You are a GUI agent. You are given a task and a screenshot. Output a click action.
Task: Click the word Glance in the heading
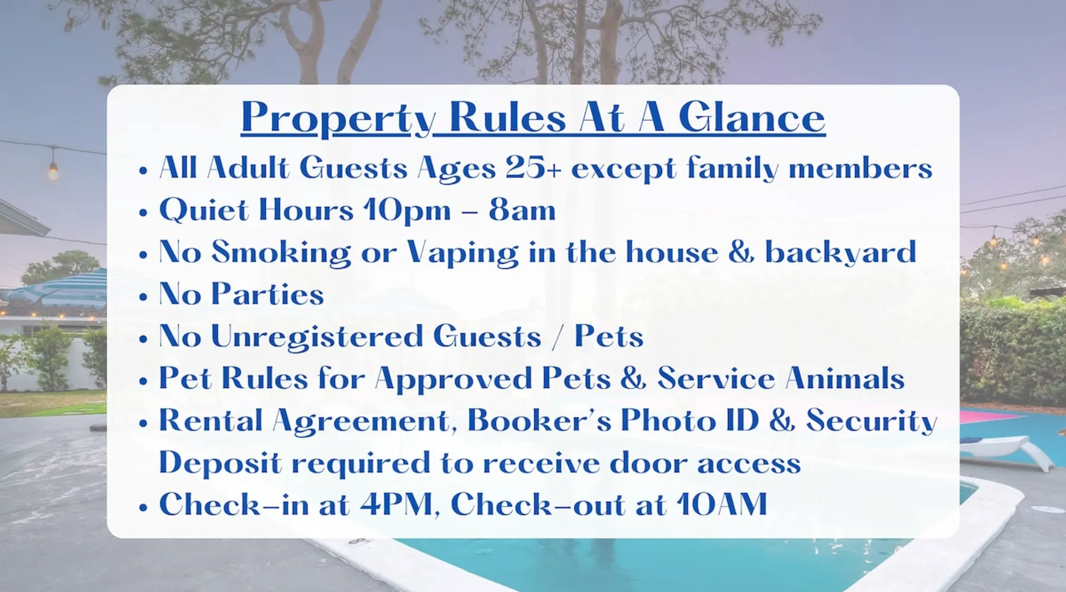pos(752,117)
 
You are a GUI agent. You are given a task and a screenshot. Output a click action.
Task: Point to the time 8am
pos(522,210)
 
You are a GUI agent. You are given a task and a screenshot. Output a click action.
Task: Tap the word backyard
pos(840,252)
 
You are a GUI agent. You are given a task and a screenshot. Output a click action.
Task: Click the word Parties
pos(268,294)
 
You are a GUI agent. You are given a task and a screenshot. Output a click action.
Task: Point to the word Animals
pos(845,378)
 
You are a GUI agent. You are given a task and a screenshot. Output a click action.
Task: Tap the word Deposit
pos(220,463)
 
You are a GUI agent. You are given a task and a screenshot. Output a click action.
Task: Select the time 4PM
pos(396,504)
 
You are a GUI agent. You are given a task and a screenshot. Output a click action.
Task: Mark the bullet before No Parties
pos(143,295)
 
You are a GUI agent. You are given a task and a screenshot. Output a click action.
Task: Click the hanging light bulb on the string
pos(53,169)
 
